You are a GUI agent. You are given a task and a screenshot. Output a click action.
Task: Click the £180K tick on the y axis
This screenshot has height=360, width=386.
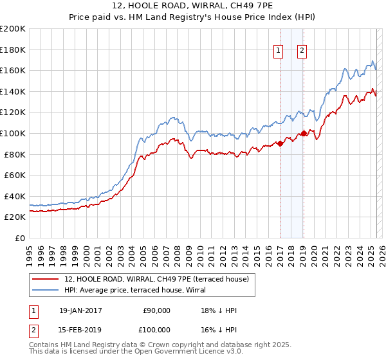click(13, 50)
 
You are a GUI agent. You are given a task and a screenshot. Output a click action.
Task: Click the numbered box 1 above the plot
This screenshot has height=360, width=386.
click(279, 52)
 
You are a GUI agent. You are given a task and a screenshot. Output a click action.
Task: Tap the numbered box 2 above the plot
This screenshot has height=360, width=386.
click(302, 52)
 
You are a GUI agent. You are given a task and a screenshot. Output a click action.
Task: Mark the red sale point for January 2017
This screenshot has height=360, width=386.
click(280, 144)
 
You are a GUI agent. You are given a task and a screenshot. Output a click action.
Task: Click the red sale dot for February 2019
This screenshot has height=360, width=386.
click(304, 134)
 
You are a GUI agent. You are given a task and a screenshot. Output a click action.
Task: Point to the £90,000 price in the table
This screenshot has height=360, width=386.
click(157, 310)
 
